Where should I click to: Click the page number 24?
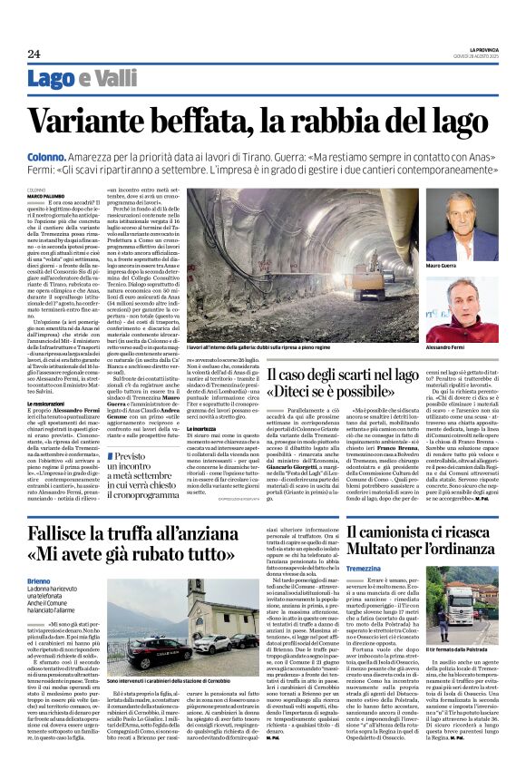[34, 54]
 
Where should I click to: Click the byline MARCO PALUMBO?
[45, 195]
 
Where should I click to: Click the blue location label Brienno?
[39, 580]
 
